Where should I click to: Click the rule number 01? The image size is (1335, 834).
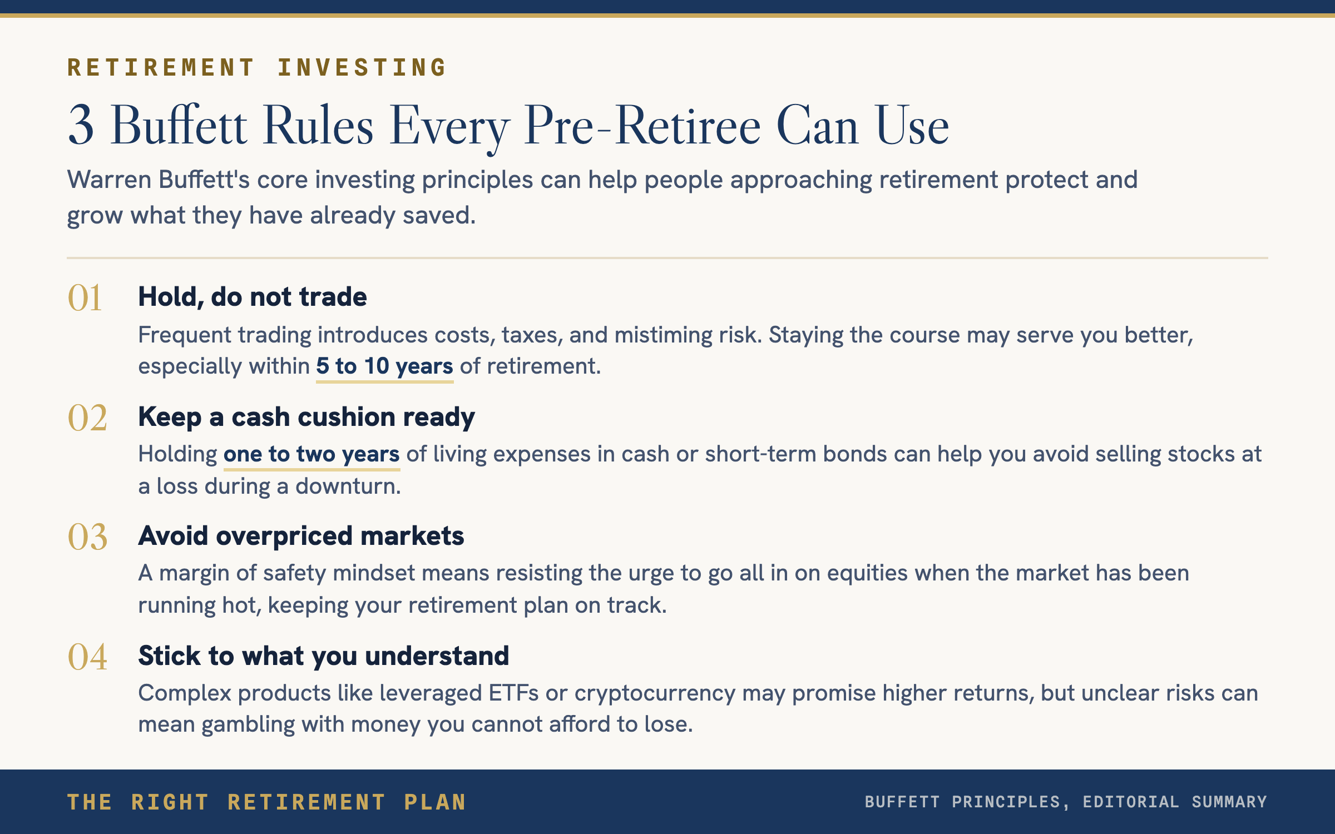85,297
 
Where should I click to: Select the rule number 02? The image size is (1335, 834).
87,418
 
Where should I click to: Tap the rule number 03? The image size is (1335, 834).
87,537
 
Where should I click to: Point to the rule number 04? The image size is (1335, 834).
87,657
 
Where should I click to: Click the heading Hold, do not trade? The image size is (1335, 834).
253,297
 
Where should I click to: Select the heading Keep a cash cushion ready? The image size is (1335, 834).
306,417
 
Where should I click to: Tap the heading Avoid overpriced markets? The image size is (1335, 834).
301,536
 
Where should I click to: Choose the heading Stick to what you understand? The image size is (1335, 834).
324,656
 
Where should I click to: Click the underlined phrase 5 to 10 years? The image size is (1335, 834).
385,366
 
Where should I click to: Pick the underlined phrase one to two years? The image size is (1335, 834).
311,454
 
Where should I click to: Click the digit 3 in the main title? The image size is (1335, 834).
81,126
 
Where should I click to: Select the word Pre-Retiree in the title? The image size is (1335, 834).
642,127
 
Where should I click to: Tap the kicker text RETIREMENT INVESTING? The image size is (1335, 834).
256,67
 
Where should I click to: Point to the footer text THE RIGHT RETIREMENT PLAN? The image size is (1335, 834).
266,802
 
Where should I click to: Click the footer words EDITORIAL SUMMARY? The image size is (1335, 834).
1175,802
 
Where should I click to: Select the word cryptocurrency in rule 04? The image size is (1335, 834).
655,694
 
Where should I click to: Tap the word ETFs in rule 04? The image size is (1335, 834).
513,693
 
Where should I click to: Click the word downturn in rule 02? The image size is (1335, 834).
348,486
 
